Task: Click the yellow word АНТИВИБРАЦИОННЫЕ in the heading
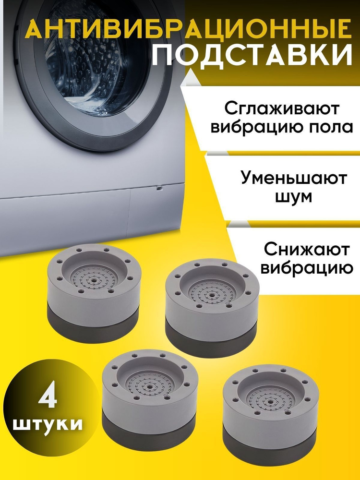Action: coord(188,29)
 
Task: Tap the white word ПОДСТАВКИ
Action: coord(252,55)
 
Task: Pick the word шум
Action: coord(294,197)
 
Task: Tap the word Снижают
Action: coord(306,250)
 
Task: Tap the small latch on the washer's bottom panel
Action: coord(159,188)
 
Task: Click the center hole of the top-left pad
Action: coord(93,279)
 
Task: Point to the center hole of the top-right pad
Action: coord(212,295)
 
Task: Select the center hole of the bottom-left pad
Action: coord(150,387)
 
